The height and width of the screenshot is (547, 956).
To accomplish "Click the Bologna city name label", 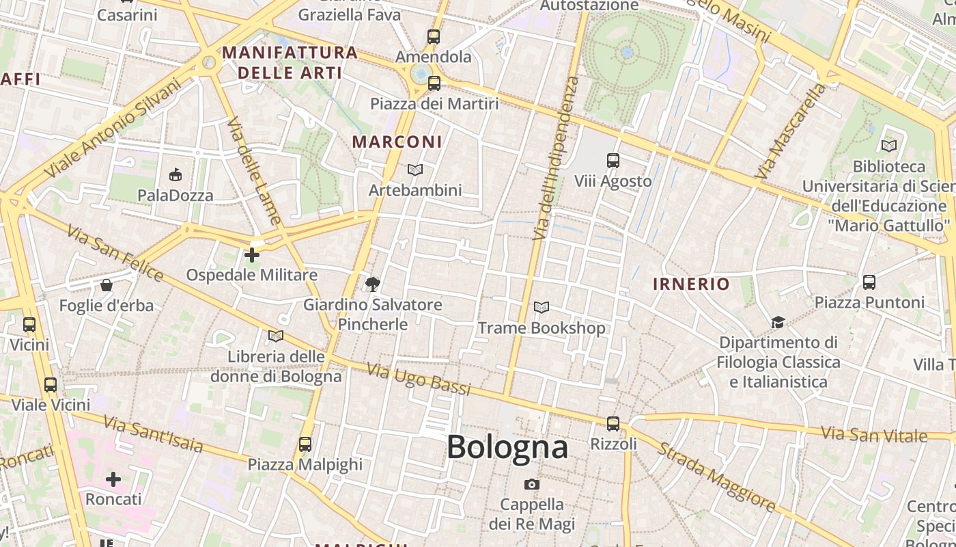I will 507,447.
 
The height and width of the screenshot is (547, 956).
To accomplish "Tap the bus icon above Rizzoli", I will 613,424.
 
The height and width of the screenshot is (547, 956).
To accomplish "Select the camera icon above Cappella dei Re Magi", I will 532,484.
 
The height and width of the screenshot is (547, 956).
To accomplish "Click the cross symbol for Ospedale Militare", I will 252,255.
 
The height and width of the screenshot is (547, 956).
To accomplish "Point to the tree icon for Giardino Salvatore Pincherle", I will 373,284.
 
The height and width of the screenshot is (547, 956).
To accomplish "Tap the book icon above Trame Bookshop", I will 542,308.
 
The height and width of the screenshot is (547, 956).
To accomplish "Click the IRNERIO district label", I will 691,284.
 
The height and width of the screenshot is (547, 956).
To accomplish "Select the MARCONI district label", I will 397,142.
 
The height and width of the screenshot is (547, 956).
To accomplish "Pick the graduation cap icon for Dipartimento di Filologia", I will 778,322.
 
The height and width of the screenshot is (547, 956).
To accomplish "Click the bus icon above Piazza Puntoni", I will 869,282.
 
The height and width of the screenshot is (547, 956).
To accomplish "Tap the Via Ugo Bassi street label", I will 419,379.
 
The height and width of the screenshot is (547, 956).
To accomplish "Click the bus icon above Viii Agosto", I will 613,161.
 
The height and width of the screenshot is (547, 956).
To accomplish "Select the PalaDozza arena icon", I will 175,175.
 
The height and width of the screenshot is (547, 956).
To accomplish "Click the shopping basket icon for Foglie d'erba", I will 107,284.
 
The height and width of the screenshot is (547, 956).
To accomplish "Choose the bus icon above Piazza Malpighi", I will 305,444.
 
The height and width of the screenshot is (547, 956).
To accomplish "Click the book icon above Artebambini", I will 415,170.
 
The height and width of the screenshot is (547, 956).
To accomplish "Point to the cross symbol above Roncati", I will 113,479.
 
